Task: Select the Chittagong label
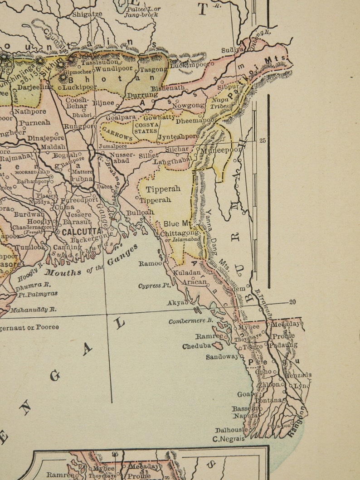point(180,233)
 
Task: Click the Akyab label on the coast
point(177,302)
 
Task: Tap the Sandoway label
point(222,357)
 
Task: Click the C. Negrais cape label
point(229,439)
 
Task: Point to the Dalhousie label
point(231,430)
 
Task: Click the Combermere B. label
point(191,321)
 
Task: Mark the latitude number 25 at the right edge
point(263,141)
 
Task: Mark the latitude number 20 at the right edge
point(293,302)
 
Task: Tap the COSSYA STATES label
point(145,127)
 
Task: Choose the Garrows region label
point(117,133)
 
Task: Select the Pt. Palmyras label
point(38,294)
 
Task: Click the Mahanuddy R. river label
point(34,310)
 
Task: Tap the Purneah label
point(34,122)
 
